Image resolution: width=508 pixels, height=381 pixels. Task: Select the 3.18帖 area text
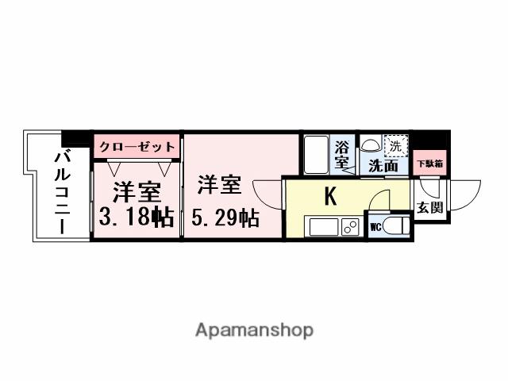click(137, 217)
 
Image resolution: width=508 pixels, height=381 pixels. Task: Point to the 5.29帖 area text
click(226, 217)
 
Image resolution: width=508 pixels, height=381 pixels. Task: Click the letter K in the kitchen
click(330, 196)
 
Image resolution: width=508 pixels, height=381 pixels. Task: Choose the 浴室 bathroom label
click(342, 155)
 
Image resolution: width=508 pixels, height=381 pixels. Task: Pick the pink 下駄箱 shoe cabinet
click(429, 163)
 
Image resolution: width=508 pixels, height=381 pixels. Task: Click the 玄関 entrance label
click(429, 209)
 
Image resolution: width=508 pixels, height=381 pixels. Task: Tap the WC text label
click(375, 226)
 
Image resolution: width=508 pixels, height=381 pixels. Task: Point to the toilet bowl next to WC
click(396, 225)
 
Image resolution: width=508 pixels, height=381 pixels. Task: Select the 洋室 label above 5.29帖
click(218, 186)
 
